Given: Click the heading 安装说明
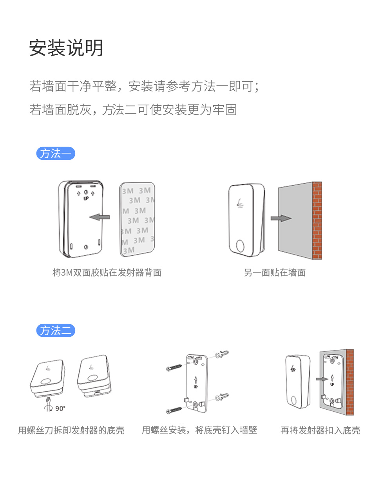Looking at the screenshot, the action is (66, 48).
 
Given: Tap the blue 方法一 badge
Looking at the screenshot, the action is (56, 153).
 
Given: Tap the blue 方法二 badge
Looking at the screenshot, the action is (56, 331).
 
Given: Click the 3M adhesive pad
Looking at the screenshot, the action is (137, 219).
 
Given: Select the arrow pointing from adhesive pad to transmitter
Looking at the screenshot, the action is (100, 217).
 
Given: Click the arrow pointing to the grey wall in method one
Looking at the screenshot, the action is (281, 218).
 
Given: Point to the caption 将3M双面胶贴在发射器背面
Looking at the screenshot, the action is (107, 272).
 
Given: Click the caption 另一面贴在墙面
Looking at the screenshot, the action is (275, 272).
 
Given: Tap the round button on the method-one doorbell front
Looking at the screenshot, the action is (240, 246).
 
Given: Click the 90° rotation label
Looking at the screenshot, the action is (60, 408).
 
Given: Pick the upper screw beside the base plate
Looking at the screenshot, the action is (174, 368).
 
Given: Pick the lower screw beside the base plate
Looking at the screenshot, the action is (174, 410).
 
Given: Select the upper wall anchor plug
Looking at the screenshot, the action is (222, 354).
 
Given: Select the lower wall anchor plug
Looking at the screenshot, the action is (222, 397).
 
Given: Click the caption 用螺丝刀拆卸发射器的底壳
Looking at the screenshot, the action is (71, 430).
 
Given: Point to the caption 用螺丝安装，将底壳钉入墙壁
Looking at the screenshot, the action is (199, 430).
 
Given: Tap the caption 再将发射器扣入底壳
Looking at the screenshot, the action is (320, 430).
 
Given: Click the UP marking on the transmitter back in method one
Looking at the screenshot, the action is (86, 198).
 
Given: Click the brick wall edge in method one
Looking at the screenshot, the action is (317, 221).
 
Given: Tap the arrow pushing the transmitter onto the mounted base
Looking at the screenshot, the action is (322, 379).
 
